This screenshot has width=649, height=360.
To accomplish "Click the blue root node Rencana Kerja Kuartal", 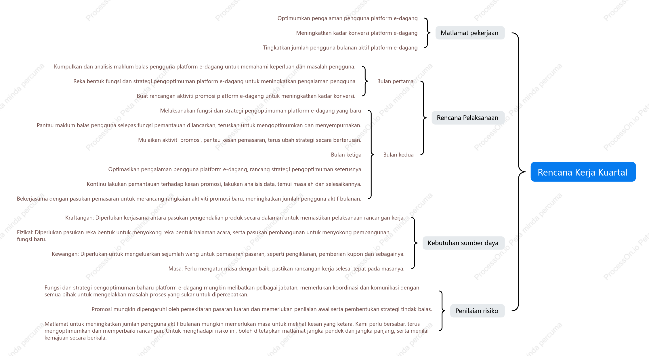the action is [583, 172].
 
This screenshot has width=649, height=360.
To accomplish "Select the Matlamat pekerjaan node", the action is [470, 33].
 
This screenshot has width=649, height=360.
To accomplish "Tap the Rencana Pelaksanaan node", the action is [468, 118].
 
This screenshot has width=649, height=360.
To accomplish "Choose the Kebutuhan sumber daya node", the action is [463, 243].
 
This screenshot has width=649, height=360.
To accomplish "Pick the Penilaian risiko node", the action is [477, 311].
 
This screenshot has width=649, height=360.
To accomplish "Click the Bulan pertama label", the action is [395, 81].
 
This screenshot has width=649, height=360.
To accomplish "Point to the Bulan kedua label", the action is [398, 155].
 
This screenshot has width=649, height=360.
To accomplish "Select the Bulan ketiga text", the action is [346, 155].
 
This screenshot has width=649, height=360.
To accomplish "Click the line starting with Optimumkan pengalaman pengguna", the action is [348, 18].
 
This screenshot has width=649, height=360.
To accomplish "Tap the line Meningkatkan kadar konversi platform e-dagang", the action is [357, 33].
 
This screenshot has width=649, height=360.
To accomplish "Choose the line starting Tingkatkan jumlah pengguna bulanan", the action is [340, 48].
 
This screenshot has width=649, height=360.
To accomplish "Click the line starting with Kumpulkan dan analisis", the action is [205, 67].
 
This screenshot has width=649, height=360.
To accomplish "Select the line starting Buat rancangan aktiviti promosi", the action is [246, 96].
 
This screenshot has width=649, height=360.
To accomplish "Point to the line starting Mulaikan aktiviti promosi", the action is [250, 140].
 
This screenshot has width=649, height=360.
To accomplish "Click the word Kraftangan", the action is [79, 218].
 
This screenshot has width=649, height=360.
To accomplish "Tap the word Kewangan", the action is [64, 254].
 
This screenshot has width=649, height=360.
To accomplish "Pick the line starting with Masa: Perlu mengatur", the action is [287, 269].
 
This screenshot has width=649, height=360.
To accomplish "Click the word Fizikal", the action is [24, 232].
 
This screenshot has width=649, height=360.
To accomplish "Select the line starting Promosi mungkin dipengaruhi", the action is [262, 309].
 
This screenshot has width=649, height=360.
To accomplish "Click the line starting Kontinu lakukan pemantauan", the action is [224, 184].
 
